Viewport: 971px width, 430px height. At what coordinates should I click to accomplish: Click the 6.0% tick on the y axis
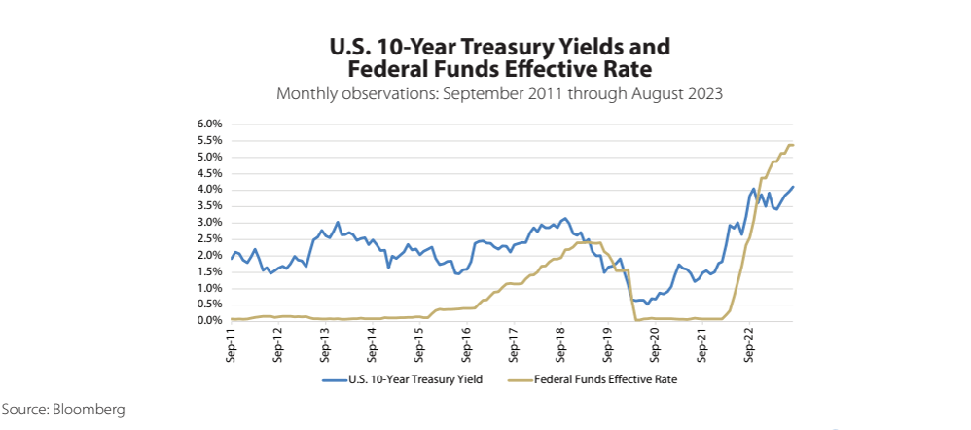(x=211, y=125)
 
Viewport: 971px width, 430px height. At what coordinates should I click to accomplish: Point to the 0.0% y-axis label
(x=211, y=321)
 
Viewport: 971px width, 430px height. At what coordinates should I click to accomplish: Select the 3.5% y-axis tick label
(x=211, y=206)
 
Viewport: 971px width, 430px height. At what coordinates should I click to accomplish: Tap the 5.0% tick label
(x=211, y=158)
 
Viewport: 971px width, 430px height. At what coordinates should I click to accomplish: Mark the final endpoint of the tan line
(x=794, y=145)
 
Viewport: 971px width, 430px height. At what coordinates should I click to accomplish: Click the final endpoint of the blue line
(x=794, y=187)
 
